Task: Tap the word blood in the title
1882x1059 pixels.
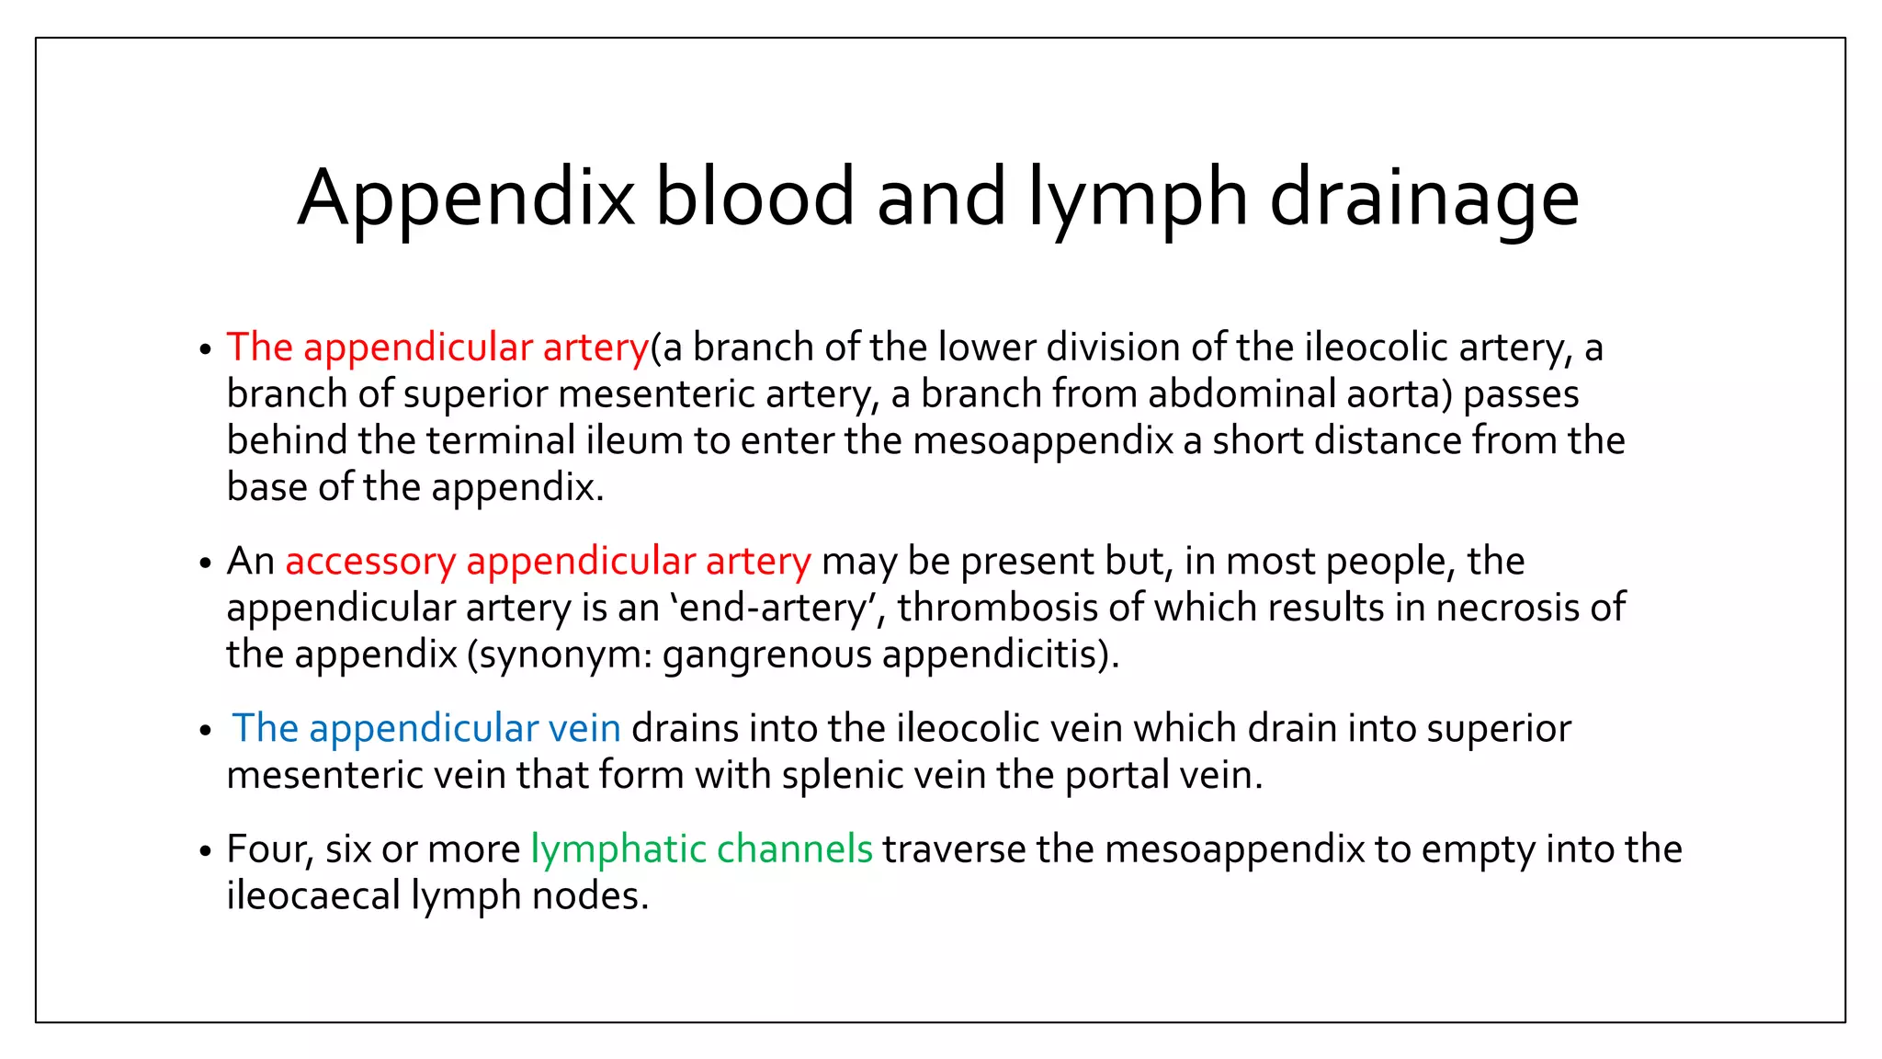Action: pos(754,197)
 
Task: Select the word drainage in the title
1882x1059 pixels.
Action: pos(1423,197)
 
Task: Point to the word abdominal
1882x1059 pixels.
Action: pos(1241,394)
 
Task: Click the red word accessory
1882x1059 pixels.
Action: pos(370,562)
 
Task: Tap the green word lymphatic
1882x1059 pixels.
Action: pos(618,849)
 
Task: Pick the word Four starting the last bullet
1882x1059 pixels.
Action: pos(264,849)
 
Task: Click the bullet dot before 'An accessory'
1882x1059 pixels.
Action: pos(205,564)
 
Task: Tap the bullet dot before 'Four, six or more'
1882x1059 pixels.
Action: pos(205,851)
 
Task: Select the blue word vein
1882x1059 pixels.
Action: pos(584,729)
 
